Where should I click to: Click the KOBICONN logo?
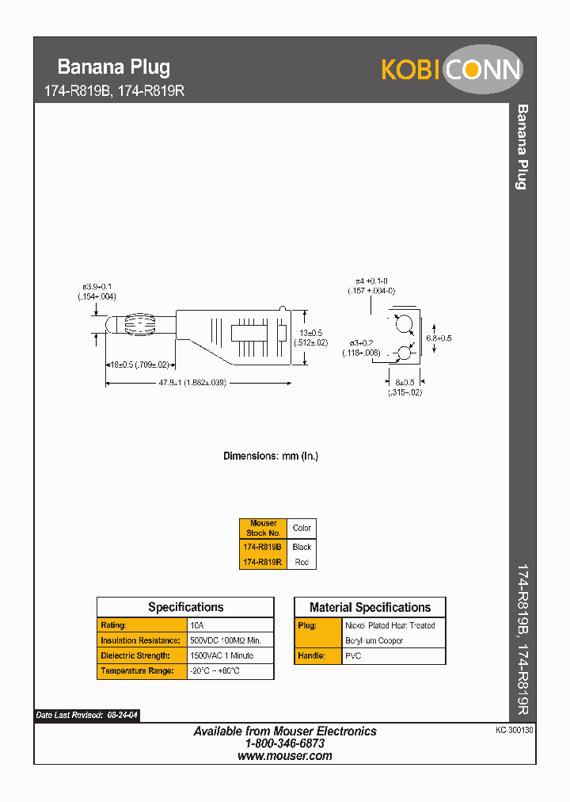(x=452, y=70)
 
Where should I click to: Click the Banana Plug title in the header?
(x=114, y=67)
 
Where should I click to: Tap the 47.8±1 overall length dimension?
(x=192, y=383)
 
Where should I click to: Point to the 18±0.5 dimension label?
(x=139, y=365)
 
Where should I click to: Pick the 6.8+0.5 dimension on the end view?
(x=439, y=338)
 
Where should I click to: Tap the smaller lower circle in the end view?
(x=404, y=353)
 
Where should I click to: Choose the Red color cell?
(x=302, y=562)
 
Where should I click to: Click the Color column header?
(x=302, y=528)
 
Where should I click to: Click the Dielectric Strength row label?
(x=135, y=655)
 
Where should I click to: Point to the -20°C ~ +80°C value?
(x=215, y=671)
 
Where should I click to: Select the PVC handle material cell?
(x=353, y=656)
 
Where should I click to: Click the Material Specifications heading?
(x=370, y=608)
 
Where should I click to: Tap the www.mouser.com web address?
(x=285, y=756)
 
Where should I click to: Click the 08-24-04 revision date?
(x=123, y=716)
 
